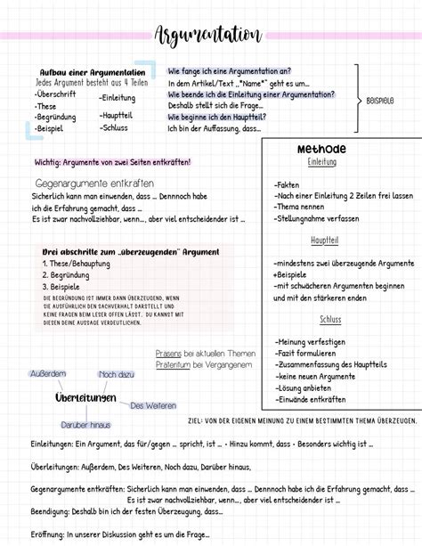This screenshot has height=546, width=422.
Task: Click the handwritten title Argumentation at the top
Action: pos(208,36)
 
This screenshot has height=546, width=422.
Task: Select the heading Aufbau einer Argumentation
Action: pos(93,72)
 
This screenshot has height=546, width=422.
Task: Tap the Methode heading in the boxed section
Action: pos(321,149)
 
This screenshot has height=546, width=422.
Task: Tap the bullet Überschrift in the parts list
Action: pos(56,94)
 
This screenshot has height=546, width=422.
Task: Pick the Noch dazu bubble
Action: pos(116,374)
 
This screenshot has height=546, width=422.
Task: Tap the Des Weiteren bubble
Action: pos(153,405)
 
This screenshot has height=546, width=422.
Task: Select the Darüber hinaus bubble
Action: pos(85,426)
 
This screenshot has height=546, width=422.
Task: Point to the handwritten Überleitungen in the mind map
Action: pos(85,396)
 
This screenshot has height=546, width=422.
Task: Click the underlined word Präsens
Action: pos(168,353)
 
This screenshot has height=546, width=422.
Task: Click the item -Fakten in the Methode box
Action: pos(288,183)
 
